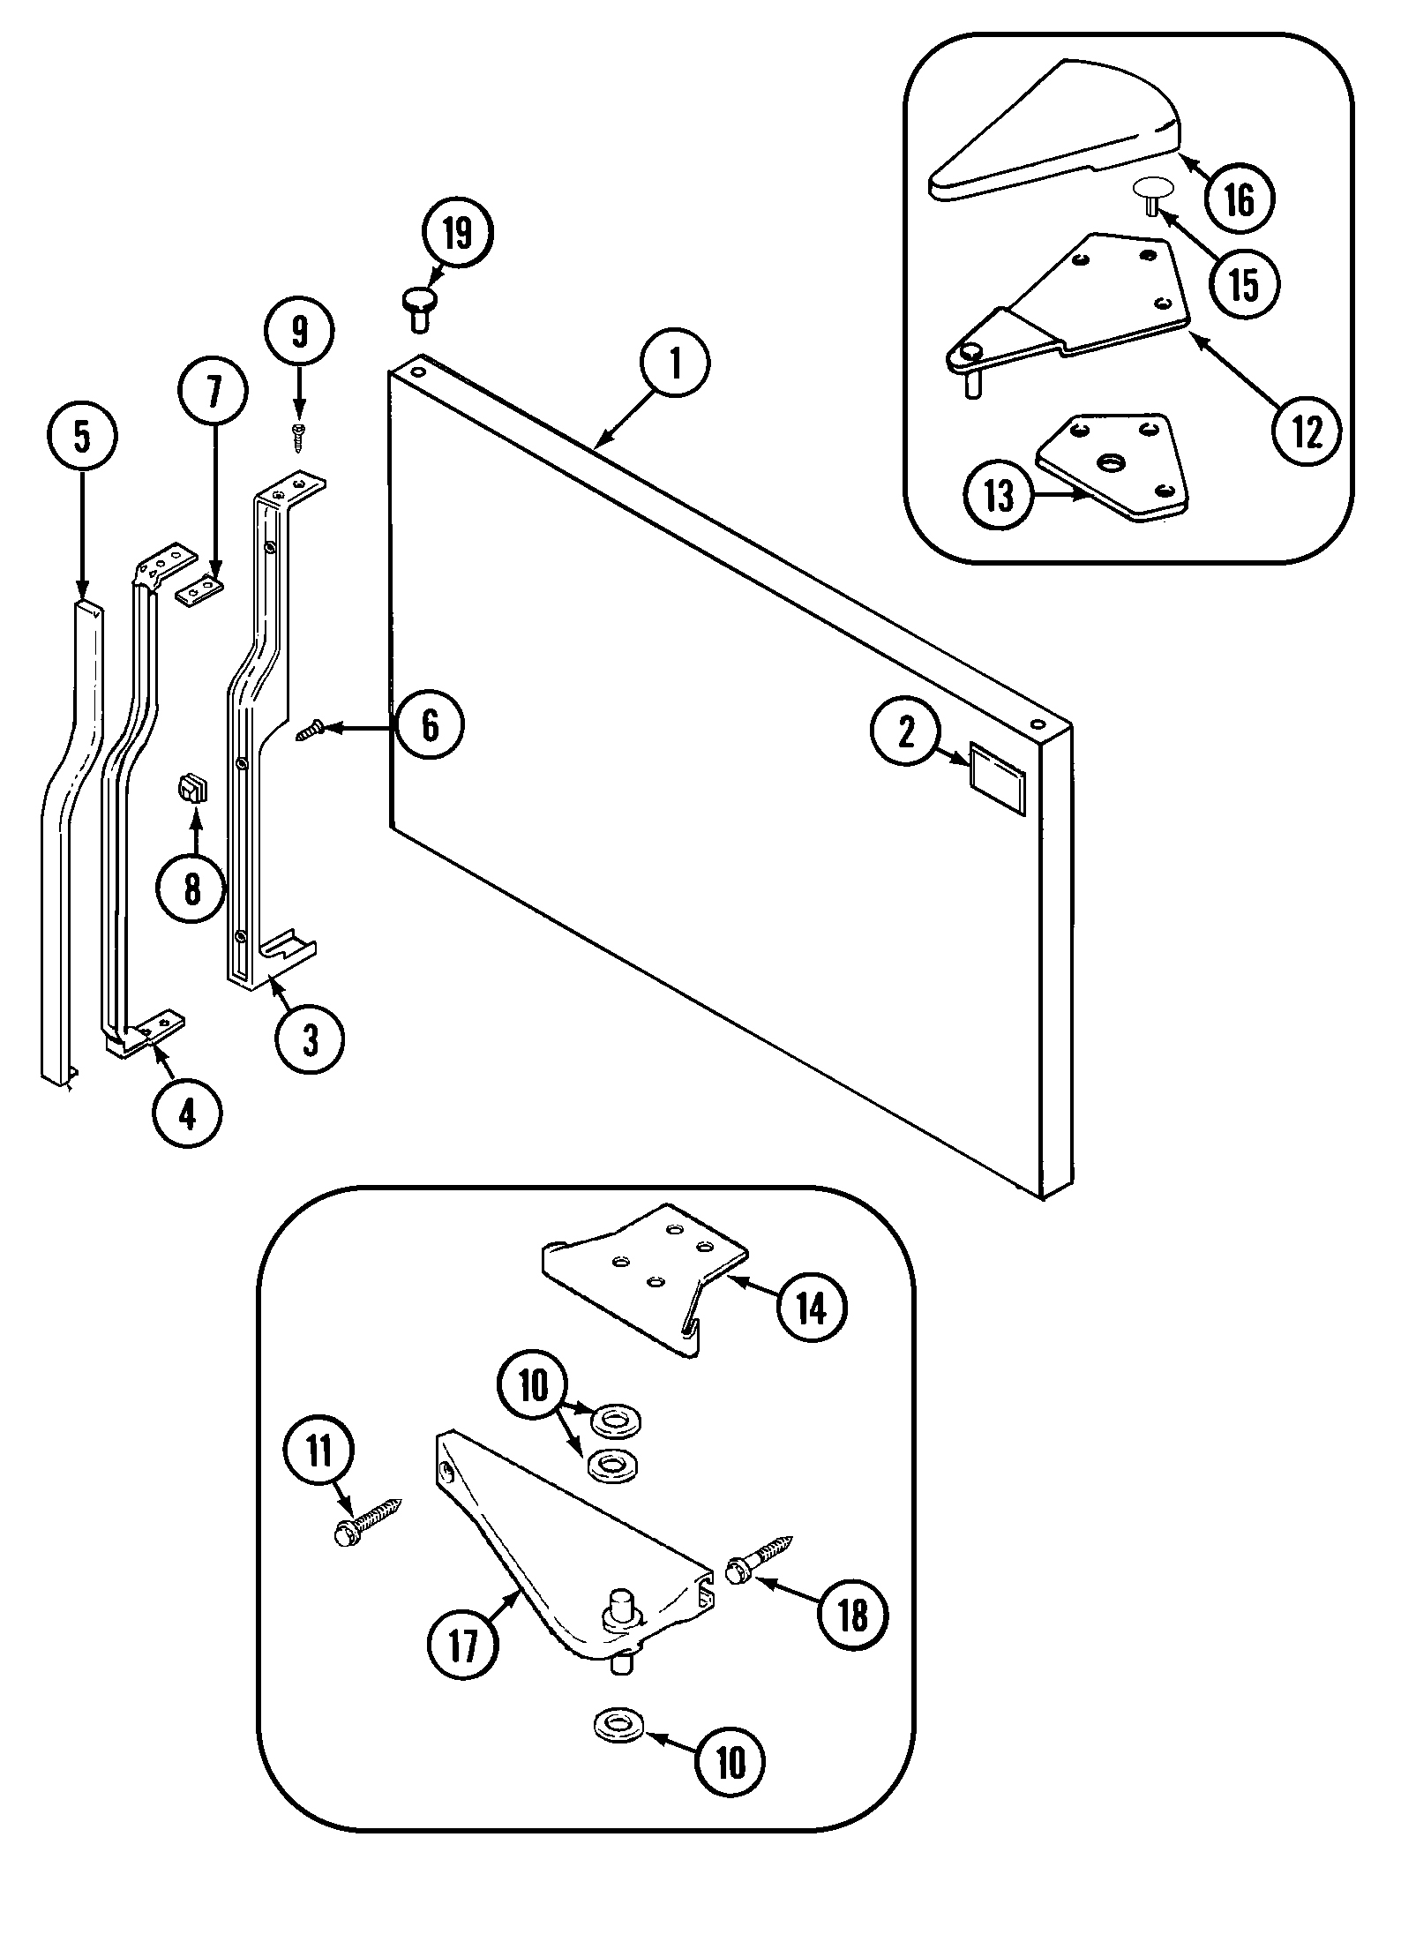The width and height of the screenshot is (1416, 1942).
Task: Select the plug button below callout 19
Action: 419,308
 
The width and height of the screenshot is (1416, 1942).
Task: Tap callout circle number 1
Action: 675,364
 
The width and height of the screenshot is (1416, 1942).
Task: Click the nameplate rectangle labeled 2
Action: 997,765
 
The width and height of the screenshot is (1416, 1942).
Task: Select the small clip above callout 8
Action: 191,785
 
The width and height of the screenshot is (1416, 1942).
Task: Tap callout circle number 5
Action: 81,437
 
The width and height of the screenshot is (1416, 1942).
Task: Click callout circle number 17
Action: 462,1645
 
